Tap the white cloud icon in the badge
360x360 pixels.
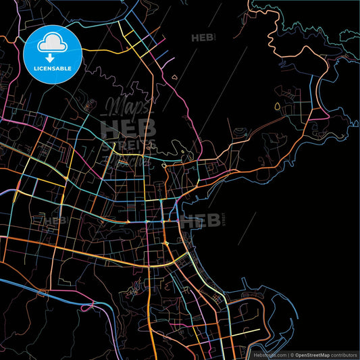[52, 44]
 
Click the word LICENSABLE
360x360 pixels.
[52, 68]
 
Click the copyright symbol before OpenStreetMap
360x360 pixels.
[292, 354]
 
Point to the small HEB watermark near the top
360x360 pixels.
[202, 38]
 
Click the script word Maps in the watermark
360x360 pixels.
[126, 108]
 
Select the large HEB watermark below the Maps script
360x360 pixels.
[128, 128]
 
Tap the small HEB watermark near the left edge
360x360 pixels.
[55, 220]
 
